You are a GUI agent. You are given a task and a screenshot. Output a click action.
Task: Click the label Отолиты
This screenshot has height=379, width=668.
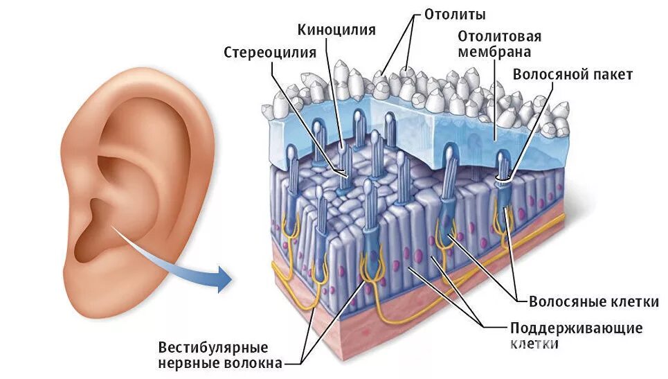[454, 15]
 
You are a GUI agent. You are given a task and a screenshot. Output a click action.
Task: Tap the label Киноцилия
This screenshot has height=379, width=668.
[337, 30]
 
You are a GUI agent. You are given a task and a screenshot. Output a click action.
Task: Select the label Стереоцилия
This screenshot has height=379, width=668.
[270, 53]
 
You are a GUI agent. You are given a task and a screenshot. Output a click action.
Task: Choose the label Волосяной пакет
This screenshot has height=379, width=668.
[572, 74]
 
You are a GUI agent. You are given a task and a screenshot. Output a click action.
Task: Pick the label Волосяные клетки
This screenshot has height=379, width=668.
[593, 301]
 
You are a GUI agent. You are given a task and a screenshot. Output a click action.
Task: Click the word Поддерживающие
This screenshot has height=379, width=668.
[577, 328]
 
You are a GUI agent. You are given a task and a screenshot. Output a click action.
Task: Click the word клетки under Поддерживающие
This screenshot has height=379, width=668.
[534, 344]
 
